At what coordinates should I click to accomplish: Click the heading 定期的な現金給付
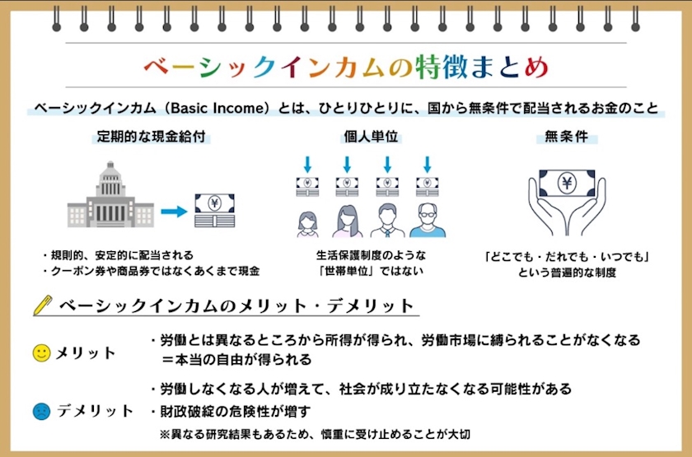[151, 137]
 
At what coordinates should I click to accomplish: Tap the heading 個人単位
[372, 137]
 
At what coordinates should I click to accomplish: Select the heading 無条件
[567, 137]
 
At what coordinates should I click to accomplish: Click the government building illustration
[110, 194]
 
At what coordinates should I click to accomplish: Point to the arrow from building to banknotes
[175, 212]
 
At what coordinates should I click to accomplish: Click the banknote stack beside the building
[215, 211]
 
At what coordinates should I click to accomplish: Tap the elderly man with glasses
[428, 220]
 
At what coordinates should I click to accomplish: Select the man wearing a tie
[387, 220]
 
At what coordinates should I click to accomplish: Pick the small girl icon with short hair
[307, 224]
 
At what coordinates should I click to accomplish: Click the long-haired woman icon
[347, 221]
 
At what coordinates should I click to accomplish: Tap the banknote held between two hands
[567, 183]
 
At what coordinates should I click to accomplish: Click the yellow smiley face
[42, 353]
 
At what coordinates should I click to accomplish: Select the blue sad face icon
[42, 411]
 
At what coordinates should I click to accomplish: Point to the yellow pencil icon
[43, 305]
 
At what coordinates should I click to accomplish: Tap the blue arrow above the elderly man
[428, 164]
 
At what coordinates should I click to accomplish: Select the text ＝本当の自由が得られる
[236, 360]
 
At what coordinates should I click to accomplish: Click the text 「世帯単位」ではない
[372, 271]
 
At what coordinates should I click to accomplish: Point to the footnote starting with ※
[315, 435]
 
